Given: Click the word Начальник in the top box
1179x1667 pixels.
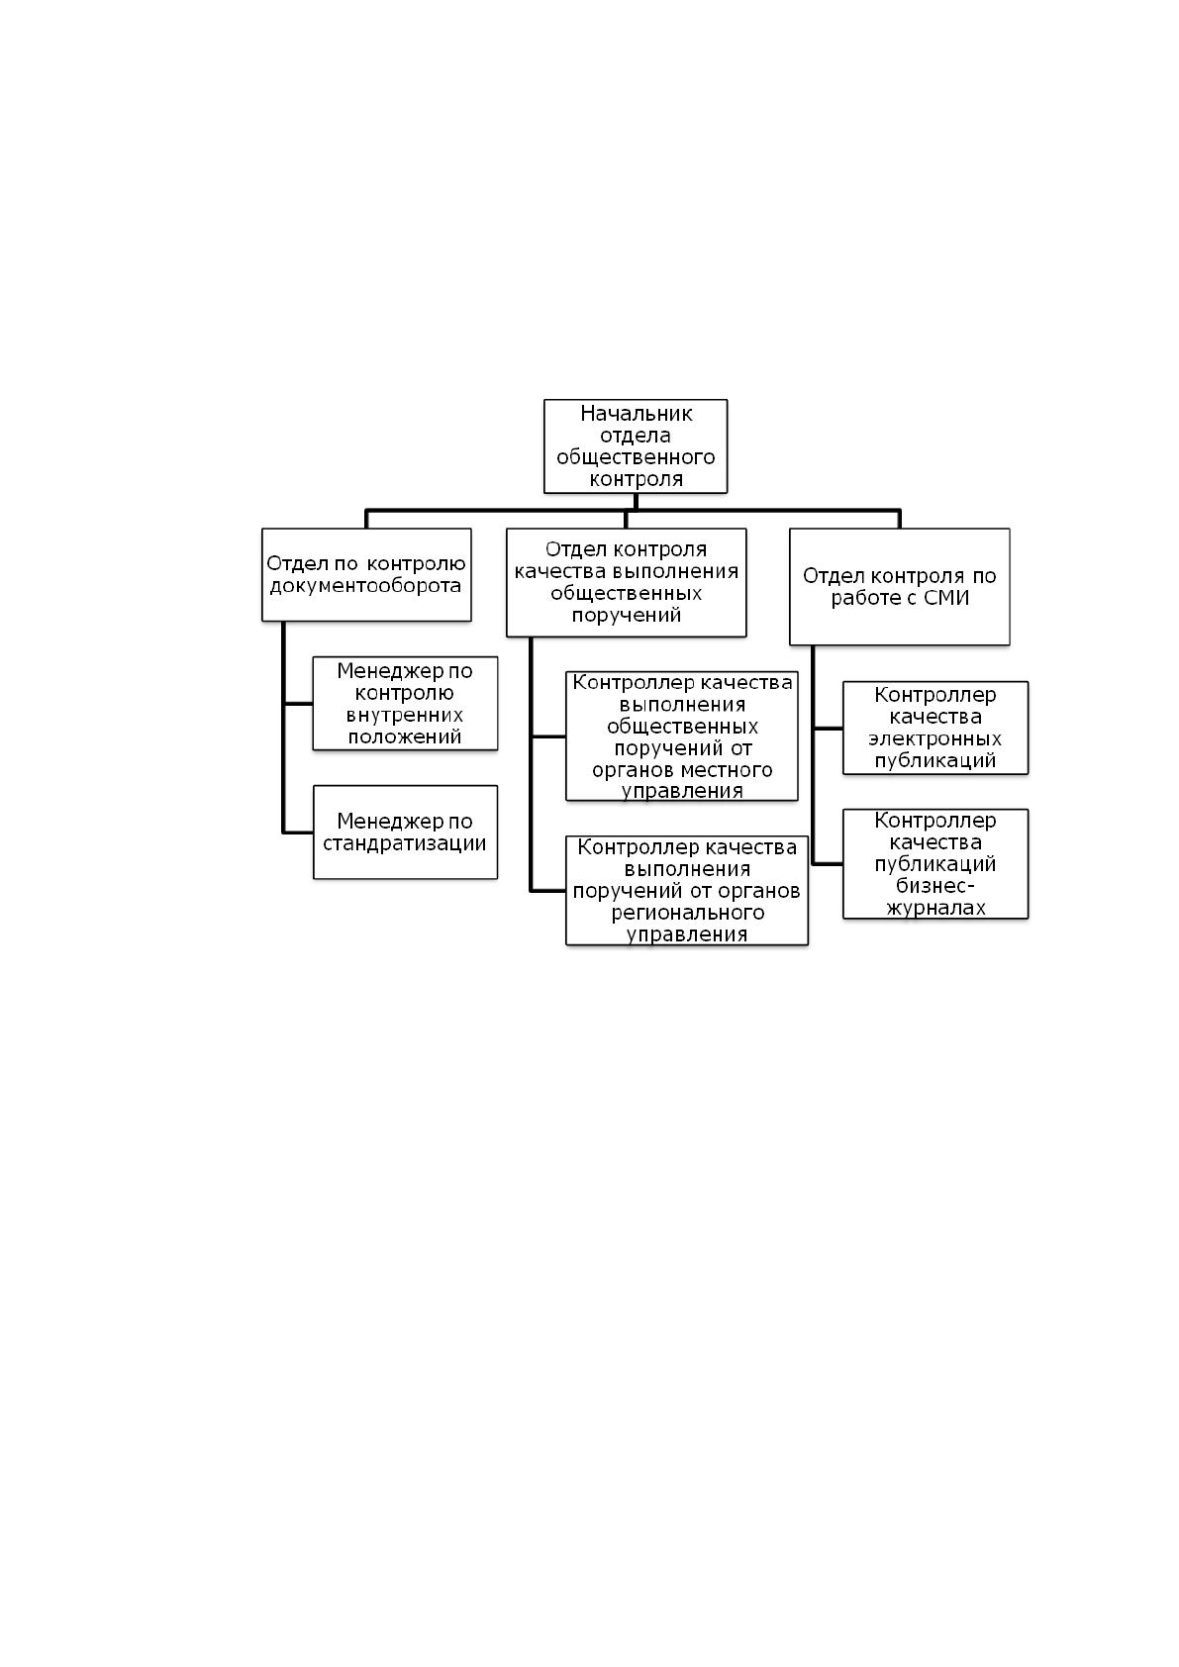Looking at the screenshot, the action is [x=636, y=414].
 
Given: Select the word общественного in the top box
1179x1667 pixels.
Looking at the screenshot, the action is [x=636, y=457].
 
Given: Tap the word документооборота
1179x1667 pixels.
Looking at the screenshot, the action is [x=365, y=586].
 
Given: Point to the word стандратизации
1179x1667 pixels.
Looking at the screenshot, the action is [x=404, y=843].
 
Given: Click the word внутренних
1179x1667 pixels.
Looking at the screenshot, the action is [x=404, y=715].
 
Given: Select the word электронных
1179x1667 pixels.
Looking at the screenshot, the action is [x=934, y=739].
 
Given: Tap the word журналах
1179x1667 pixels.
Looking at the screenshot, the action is [x=934, y=908].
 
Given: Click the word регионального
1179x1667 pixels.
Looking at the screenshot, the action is [x=688, y=913].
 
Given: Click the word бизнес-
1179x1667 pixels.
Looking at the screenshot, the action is [x=934, y=886].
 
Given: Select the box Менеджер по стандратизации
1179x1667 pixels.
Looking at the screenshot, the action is [x=405, y=832].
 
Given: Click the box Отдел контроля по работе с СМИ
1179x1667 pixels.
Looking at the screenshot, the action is [x=899, y=586].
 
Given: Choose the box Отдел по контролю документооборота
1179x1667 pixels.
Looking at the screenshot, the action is [x=366, y=574].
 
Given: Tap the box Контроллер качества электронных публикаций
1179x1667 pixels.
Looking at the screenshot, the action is [x=934, y=728].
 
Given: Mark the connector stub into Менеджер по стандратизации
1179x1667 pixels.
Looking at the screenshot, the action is [x=298, y=833].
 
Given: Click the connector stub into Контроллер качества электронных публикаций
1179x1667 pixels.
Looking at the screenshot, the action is [x=828, y=728].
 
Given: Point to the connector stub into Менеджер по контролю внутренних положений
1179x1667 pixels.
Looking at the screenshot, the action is [x=298, y=703].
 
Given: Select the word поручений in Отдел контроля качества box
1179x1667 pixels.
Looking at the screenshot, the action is [x=626, y=616].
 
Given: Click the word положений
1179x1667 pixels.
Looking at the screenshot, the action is [x=404, y=736].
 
